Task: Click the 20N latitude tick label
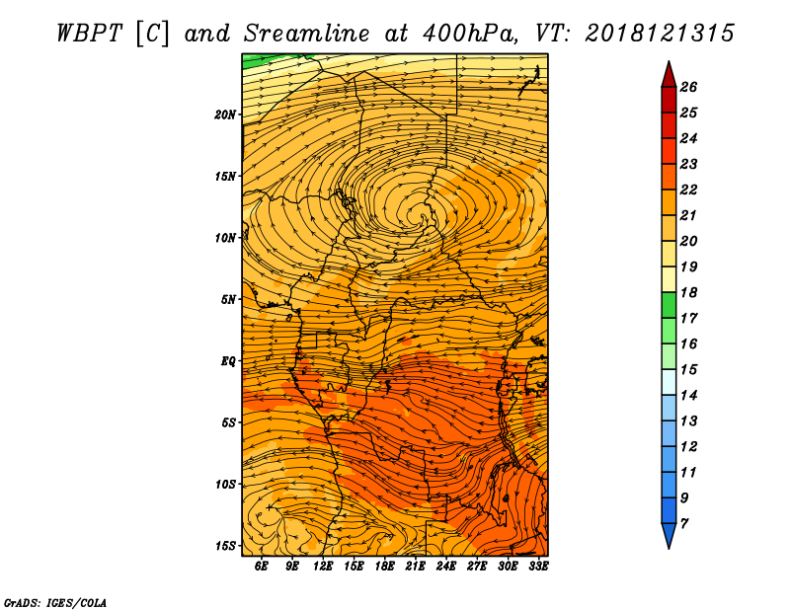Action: (x=225, y=114)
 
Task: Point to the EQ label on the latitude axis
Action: (x=228, y=361)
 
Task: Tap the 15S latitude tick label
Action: (x=225, y=546)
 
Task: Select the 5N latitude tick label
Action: (x=228, y=300)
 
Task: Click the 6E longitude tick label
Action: (x=261, y=567)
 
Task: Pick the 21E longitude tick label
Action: (x=415, y=567)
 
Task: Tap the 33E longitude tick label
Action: (x=538, y=567)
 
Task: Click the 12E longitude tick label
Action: (x=323, y=567)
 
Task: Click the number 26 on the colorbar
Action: (x=688, y=87)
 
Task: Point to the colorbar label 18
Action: (x=688, y=292)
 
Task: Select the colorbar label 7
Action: (x=683, y=524)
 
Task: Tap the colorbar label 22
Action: (x=688, y=190)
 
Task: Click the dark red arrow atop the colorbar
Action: (x=669, y=75)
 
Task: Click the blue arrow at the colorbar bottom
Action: (x=669, y=535)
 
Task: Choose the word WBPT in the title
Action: (x=89, y=34)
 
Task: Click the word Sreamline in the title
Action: (x=307, y=34)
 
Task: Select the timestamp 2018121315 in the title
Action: (x=660, y=34)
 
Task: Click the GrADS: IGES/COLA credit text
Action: (x=55, y=603)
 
